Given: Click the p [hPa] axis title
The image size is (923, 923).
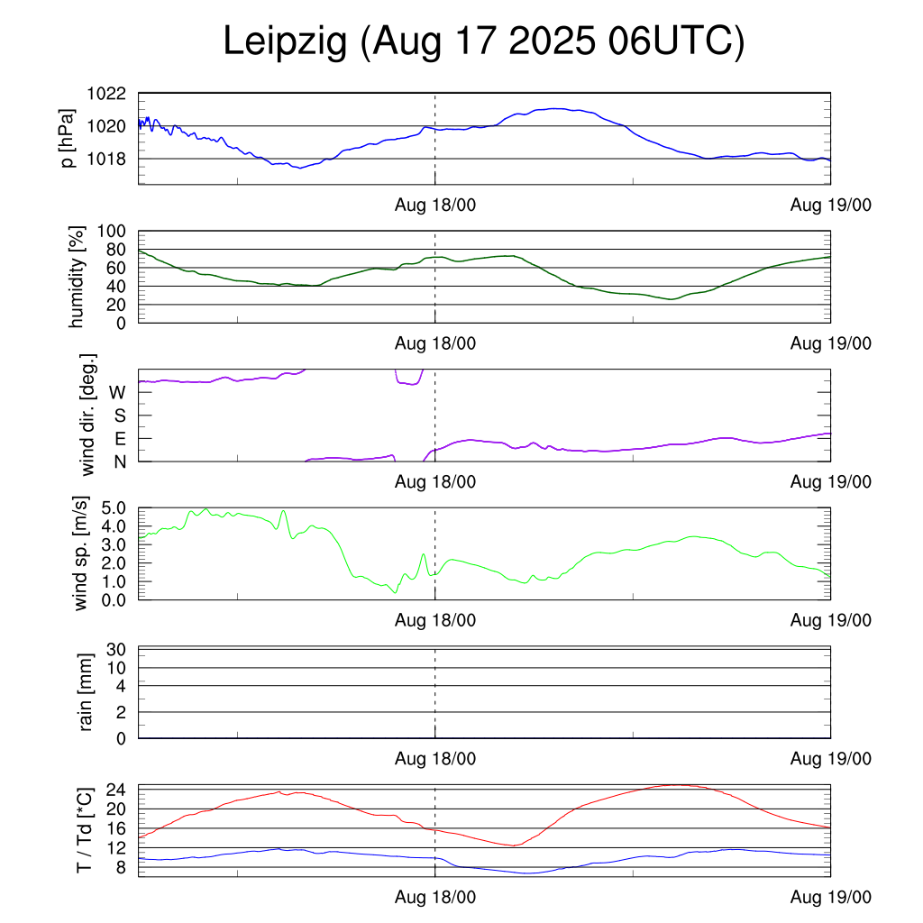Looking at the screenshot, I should pos(69,138).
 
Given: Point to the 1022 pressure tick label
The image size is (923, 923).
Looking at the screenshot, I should pos(106,94).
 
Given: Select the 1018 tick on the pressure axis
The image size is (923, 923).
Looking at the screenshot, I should pos(106,159).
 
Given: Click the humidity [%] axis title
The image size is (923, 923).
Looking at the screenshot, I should pos(78,277).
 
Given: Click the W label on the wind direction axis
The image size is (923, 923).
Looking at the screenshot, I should pos(117,392).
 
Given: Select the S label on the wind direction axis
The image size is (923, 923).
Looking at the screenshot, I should pos(119,416).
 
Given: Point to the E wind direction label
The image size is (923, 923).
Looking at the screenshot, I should pos(119,439).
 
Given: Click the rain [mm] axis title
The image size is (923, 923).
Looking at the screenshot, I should pos(87,692).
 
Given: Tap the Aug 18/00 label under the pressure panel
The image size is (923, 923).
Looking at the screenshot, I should pos(435,206).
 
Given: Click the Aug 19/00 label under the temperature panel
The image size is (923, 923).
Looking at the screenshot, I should pos(831,897).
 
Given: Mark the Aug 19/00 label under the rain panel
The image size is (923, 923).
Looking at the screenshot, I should pos(831,759).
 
